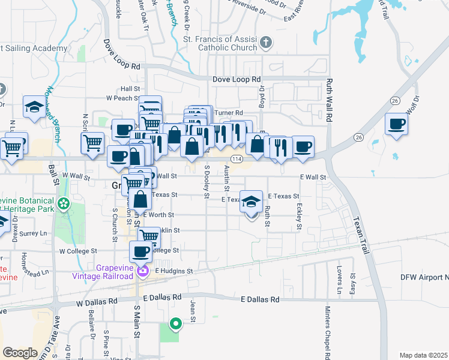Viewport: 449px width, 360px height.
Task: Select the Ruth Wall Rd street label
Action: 329,101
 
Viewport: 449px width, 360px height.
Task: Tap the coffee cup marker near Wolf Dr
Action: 397,125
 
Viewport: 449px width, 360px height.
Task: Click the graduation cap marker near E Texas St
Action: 252,202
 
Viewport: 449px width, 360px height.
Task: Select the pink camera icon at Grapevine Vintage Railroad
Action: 143,272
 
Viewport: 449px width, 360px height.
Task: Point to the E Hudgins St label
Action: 174,271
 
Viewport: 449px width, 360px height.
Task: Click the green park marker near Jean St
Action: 176,324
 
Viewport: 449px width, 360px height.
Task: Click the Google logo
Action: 20,352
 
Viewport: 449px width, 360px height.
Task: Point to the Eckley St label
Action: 298,216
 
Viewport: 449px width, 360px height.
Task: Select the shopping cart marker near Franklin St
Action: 149,237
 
